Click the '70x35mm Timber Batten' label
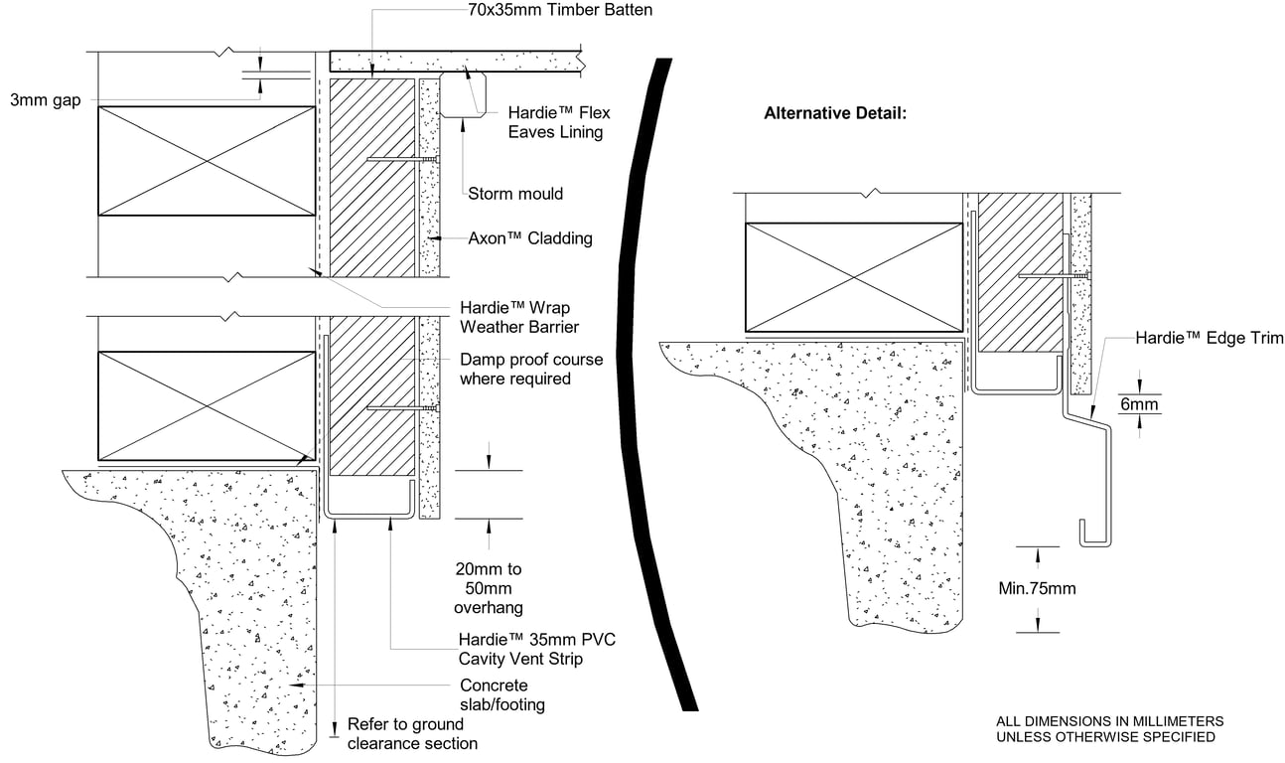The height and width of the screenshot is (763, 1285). pyautogui.click(x=560, y=12)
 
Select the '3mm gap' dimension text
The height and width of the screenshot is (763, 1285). pyautogui.click(x=45, y=99)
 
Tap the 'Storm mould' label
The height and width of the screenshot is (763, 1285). pyautogui.click(x=514, y=194)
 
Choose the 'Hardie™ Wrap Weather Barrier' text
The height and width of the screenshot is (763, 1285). pyautogui.click(x=515, y=317)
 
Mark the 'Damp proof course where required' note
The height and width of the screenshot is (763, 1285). pyautogui.click(x=530, y=369)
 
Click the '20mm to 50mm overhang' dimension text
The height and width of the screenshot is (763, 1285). pyautogui.click(x=488, y=588)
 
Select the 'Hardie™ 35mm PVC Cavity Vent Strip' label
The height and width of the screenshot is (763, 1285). pyautogui.click(x=536, y=649)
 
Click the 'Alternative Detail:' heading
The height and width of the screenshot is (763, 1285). pyautogui.click(x=834, y=113)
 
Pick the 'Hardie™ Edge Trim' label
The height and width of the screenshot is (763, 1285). pyautogui.click(x=1210, y=339)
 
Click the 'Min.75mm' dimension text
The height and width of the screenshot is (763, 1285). pyautogui.click(x=1037, y=589)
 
